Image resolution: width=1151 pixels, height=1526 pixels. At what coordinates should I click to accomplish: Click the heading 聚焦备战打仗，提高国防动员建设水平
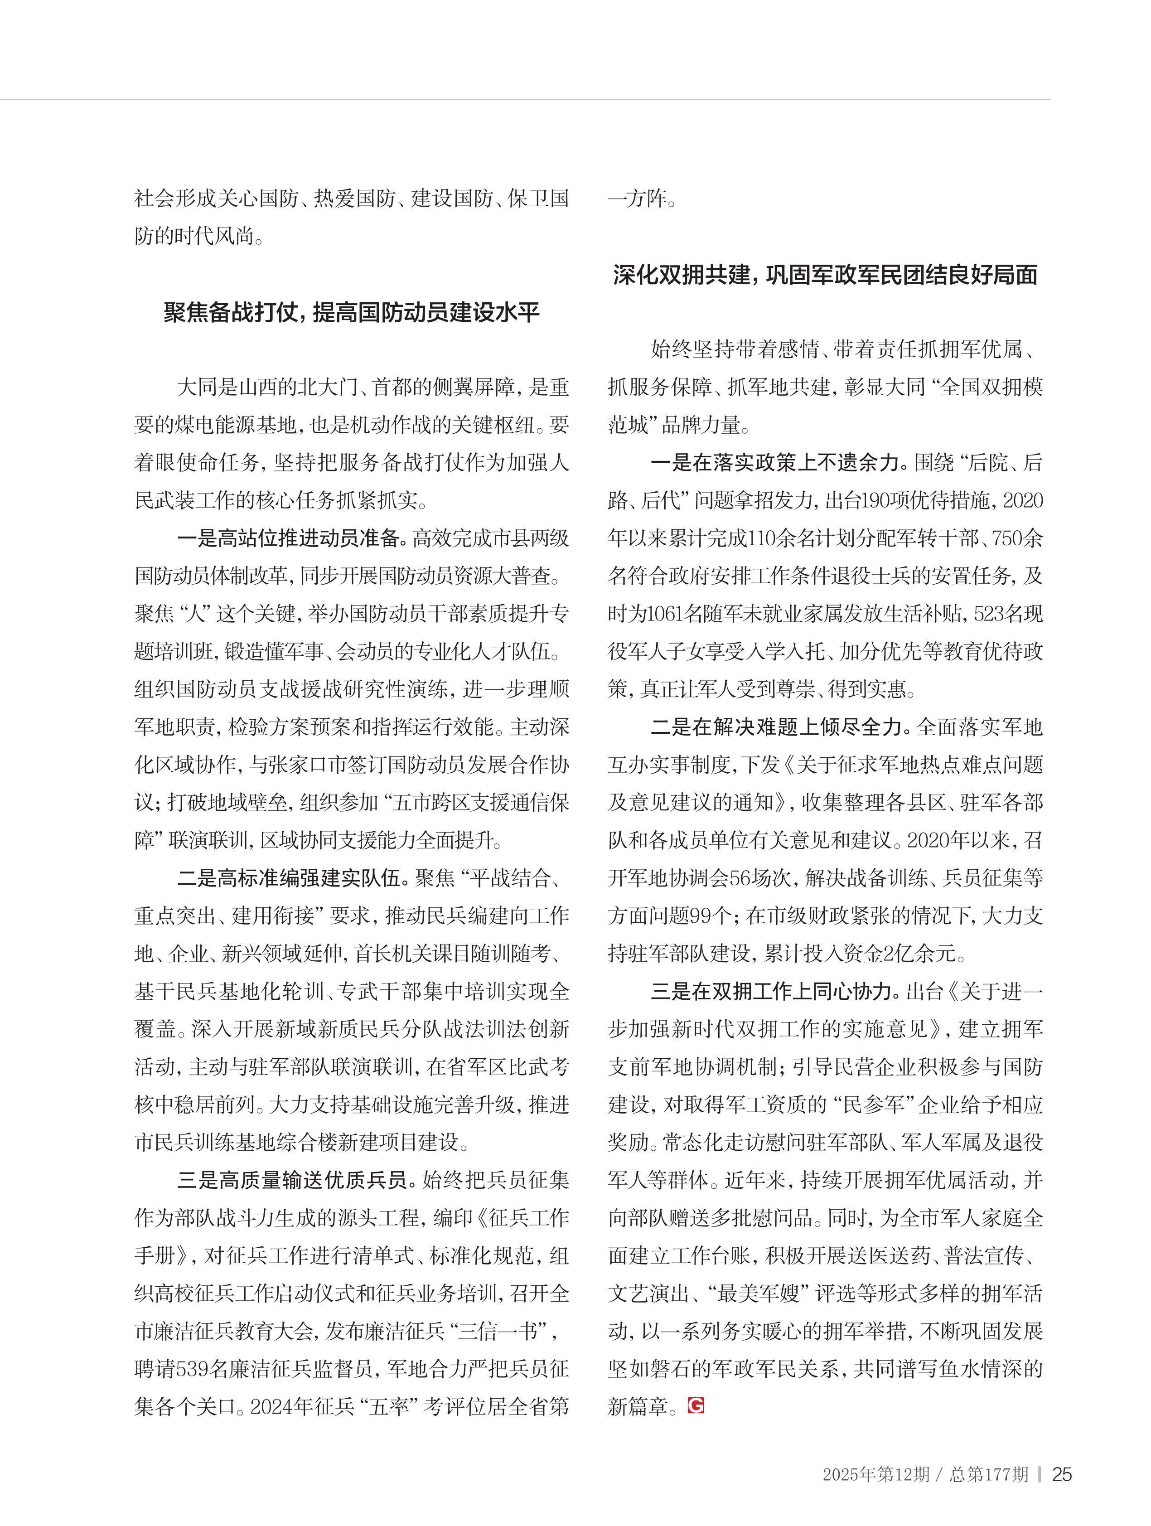[x=352, y=313]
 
